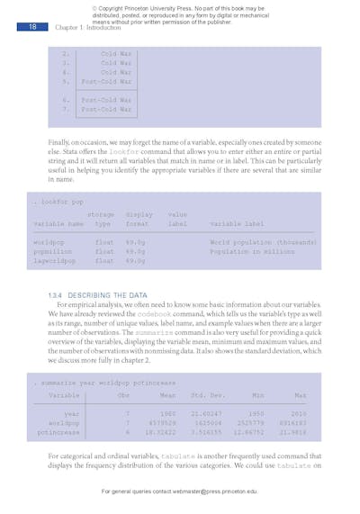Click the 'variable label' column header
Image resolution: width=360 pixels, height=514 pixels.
(237, 223)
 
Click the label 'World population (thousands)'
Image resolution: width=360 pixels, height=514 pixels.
(262, 242)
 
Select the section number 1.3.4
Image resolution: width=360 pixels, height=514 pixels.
(58, 294)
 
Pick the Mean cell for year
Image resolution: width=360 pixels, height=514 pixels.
(167, 413)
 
